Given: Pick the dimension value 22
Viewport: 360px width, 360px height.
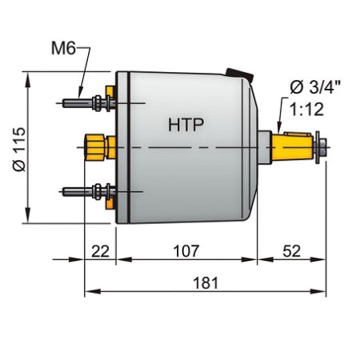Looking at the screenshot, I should (x=100, y=250).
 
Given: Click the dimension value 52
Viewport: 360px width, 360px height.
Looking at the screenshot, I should (x=291, y=250).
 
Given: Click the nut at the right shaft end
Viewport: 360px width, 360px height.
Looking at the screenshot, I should (x=322, y=147).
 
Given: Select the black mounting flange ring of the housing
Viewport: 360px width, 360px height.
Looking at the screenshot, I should (x=122, y=147).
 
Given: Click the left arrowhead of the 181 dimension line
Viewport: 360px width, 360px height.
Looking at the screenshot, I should (x=89, y=290).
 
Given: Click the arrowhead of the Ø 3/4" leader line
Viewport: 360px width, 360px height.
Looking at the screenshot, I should (x=278, y=130).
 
